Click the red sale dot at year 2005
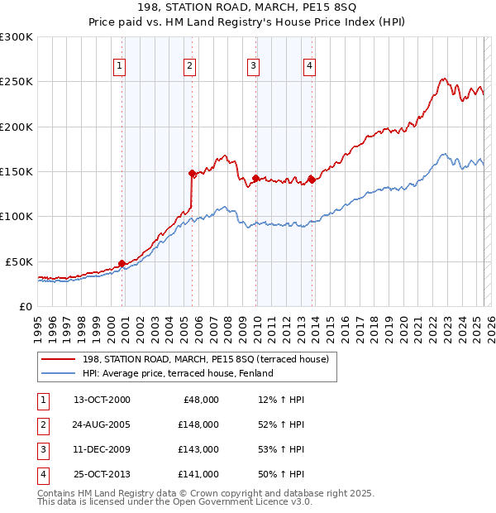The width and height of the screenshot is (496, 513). point(192,174)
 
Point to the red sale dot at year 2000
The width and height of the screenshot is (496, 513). point(122,263)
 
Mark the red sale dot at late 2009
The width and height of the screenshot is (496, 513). point(255,178)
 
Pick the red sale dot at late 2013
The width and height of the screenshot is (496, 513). point(311,180)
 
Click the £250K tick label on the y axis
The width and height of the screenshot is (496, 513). point(17,82)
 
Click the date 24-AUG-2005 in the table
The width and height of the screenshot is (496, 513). point(101,424)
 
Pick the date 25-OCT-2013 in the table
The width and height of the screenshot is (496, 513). point(101,474)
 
